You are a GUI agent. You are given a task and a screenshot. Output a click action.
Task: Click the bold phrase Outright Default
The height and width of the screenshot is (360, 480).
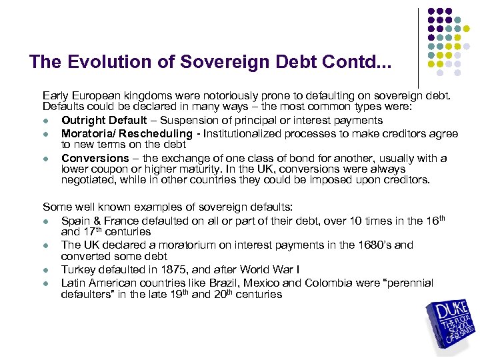[x=104, y=121]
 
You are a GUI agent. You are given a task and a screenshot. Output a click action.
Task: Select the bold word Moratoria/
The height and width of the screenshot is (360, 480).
[x=87, y=134]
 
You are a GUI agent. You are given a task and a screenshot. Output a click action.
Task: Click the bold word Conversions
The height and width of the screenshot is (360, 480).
[x=95, y=158]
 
